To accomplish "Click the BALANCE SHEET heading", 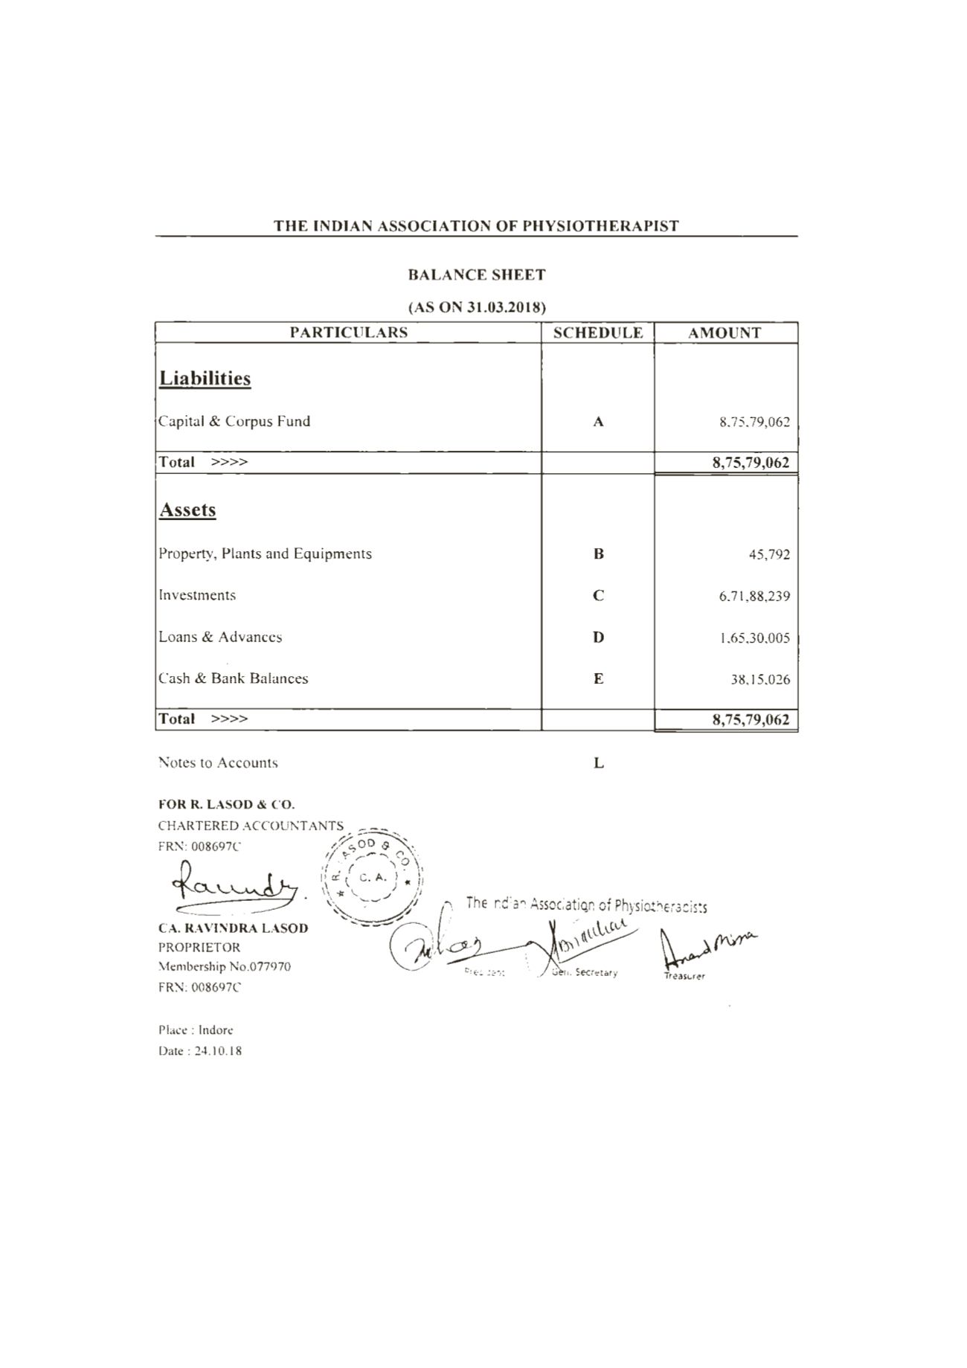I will coord(477,275).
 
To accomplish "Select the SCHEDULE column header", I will coord(598,333).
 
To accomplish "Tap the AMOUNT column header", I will coord(725,333).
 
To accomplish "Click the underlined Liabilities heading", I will coord(205,379).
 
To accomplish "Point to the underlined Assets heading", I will coord(187,510).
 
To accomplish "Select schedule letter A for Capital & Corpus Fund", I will coord(598,423).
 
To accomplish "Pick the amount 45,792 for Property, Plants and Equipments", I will coord(769,555).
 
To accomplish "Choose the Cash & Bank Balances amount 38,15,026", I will coord(760,680).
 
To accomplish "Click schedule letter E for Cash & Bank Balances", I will coord(599,679).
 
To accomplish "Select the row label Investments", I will coord(197,596).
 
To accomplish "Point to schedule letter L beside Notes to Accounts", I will coord(599,764).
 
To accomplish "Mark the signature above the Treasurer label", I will coord(707,947).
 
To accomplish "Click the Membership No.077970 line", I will coord(225,967).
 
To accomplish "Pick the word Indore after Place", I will coord(216,1031).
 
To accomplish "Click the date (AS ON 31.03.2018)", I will coord(477,307).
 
